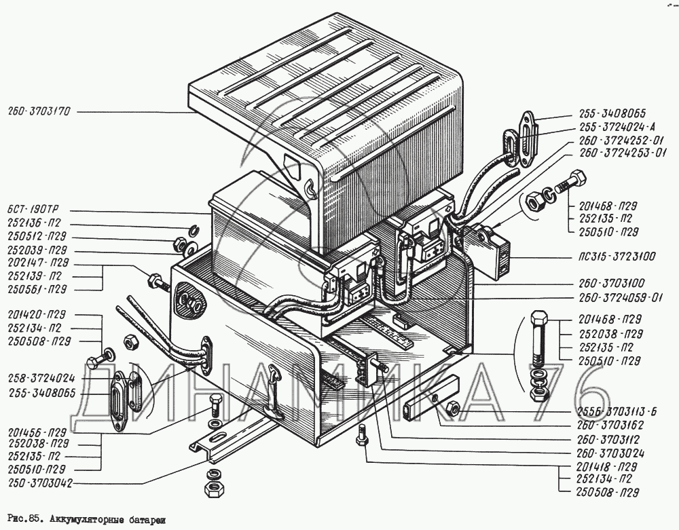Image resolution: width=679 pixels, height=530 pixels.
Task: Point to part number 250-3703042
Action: click(x=37, y=484)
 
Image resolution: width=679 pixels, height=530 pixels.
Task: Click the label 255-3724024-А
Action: click(x=618, y=126)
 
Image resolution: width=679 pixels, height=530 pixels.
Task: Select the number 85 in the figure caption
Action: click(x=33, y=520)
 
